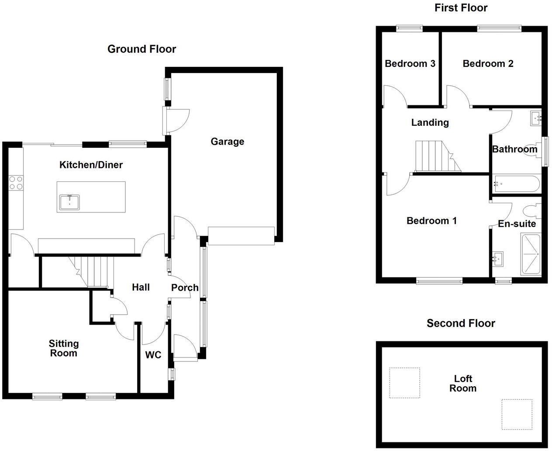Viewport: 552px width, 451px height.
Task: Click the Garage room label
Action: pyautogui.click(x=227, y=142)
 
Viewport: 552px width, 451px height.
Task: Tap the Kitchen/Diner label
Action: pyautogui.click(x=91, y=165)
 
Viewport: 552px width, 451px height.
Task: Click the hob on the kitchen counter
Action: pyautogui.click(x=16, y=182)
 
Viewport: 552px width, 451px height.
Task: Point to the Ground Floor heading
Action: pyautogui.click(x=141, y=49)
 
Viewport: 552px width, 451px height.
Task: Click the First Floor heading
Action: pyautogui.click(x=461, y=7)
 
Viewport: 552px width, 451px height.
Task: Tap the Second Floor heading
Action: pyautogui.click(x=461, y=323)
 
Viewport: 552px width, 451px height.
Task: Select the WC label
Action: pyautogui.click(x=153, y=355)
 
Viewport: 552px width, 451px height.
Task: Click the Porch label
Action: pyautogui.click(x=185, y=288)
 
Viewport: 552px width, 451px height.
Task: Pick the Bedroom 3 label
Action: pyautogui.click(x=410, y=64)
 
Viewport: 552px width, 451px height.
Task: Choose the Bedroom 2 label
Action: pyautogui.click(x=488, y=64)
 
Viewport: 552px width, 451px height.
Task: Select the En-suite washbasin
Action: pyautogui.click(x=497, y=258)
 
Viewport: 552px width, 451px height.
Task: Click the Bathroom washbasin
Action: pyautogui.click(x=536, y=118)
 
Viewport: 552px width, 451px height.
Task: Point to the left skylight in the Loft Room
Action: pyautogui.click(x=404, y=382)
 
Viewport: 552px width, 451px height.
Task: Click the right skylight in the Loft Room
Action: pyautogui.click(x=517, y=414)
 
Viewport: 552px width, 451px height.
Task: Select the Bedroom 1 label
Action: pyautogui.click(x=431, y=221)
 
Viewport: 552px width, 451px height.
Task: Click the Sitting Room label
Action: pyautogui.click(x=64, y=348)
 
